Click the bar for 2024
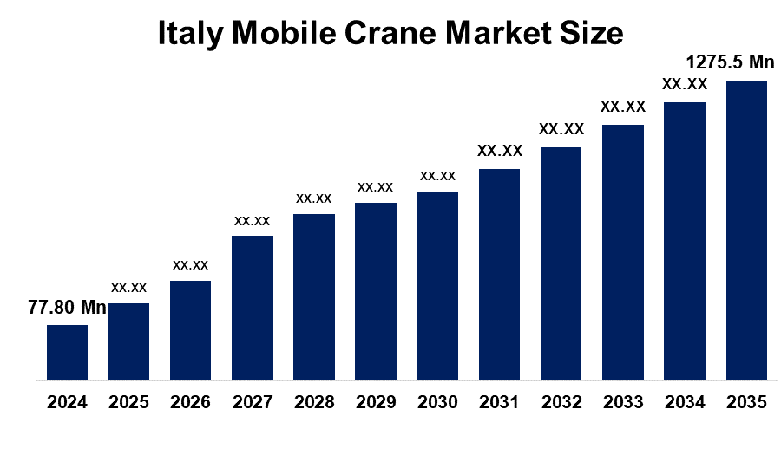pos(67,352)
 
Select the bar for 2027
pos(253,307)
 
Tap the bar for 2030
pos(437,285)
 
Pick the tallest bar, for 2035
pos(746,230)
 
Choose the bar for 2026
pos(190,329)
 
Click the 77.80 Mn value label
pos(67,308)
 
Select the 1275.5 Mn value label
pos(730,62)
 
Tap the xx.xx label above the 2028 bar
pos(314,198)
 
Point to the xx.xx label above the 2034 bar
pos(685,84)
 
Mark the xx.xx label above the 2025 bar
pos(128,287)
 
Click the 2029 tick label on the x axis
pos(376,403)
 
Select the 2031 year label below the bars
pos(499,403)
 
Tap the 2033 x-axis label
pos(623,403)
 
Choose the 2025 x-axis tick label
pos(128,403)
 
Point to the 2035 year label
pos(746,403)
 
